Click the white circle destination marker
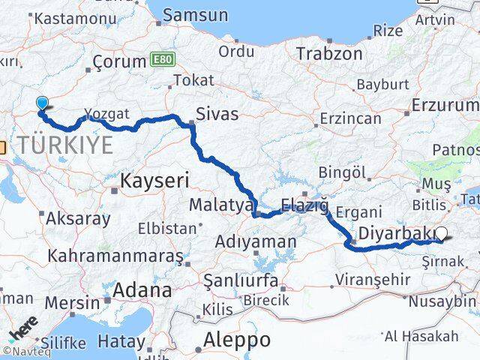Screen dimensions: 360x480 tap(442, 235)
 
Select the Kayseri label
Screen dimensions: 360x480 tap(154, 180)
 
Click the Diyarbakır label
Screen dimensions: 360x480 tap(396, 233)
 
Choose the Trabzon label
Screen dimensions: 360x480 tap(329, 53)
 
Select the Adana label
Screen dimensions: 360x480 tap(142, 289)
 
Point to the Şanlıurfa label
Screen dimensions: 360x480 tap(241, 280)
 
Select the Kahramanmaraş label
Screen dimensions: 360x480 tap(115, 255)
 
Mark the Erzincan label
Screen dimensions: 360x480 tap(350, 119)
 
